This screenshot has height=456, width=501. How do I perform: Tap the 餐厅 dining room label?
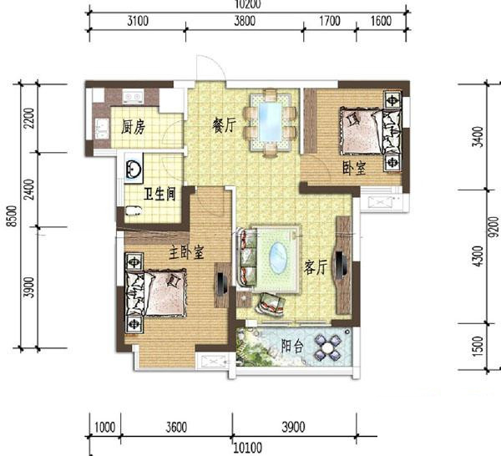(224, 124)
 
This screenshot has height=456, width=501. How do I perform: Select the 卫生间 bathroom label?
(159, 194)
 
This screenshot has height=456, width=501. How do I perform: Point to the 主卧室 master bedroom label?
(186, 252)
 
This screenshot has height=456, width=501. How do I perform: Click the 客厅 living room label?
(316, 267)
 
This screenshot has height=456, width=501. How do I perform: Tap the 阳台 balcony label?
(292, 346)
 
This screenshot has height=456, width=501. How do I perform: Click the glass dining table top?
(271, 122)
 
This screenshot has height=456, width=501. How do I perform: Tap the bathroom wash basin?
(134, 168)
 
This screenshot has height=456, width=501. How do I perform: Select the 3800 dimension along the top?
(245, 21)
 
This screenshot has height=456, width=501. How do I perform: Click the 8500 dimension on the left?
(13, 216)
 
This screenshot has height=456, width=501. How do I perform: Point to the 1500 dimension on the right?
(478, 347)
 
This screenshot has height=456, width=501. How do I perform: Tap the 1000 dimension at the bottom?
(105, 428)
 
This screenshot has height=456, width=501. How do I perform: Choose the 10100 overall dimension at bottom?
(248, 448)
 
